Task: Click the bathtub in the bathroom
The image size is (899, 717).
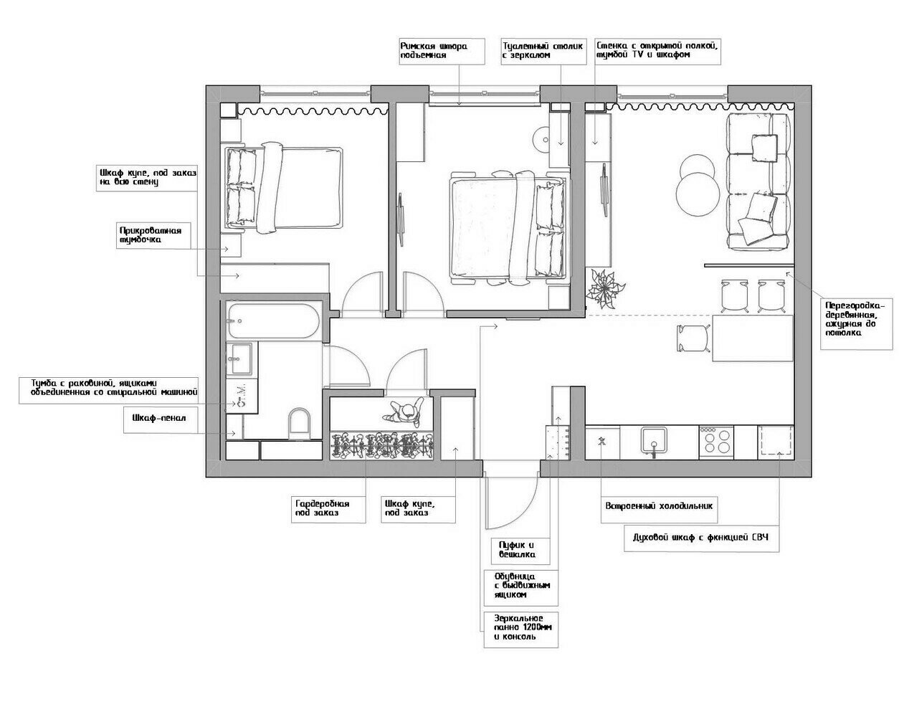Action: (274, 320)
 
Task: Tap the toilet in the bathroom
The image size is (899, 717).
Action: (300, 423)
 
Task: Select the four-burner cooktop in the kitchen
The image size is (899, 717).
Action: (715, 442)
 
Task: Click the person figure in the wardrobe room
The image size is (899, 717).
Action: (404, 412)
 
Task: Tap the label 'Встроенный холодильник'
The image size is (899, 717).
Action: (659, 506)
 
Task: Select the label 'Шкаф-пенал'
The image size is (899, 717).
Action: (158, 417)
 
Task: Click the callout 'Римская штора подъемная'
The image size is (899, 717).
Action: (434, 51)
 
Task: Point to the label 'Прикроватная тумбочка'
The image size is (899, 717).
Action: (151, 235)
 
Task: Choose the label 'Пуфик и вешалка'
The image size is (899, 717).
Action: (517, 550)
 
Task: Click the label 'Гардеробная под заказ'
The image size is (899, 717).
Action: (322, 508)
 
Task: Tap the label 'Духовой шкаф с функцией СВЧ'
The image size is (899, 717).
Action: (700, 538)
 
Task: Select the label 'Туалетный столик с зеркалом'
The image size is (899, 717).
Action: (543, 50)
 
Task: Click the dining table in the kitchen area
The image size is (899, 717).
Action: (752, 338)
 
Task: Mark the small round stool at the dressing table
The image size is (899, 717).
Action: (541, 141)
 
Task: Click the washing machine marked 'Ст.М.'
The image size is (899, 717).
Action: (242, 396)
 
